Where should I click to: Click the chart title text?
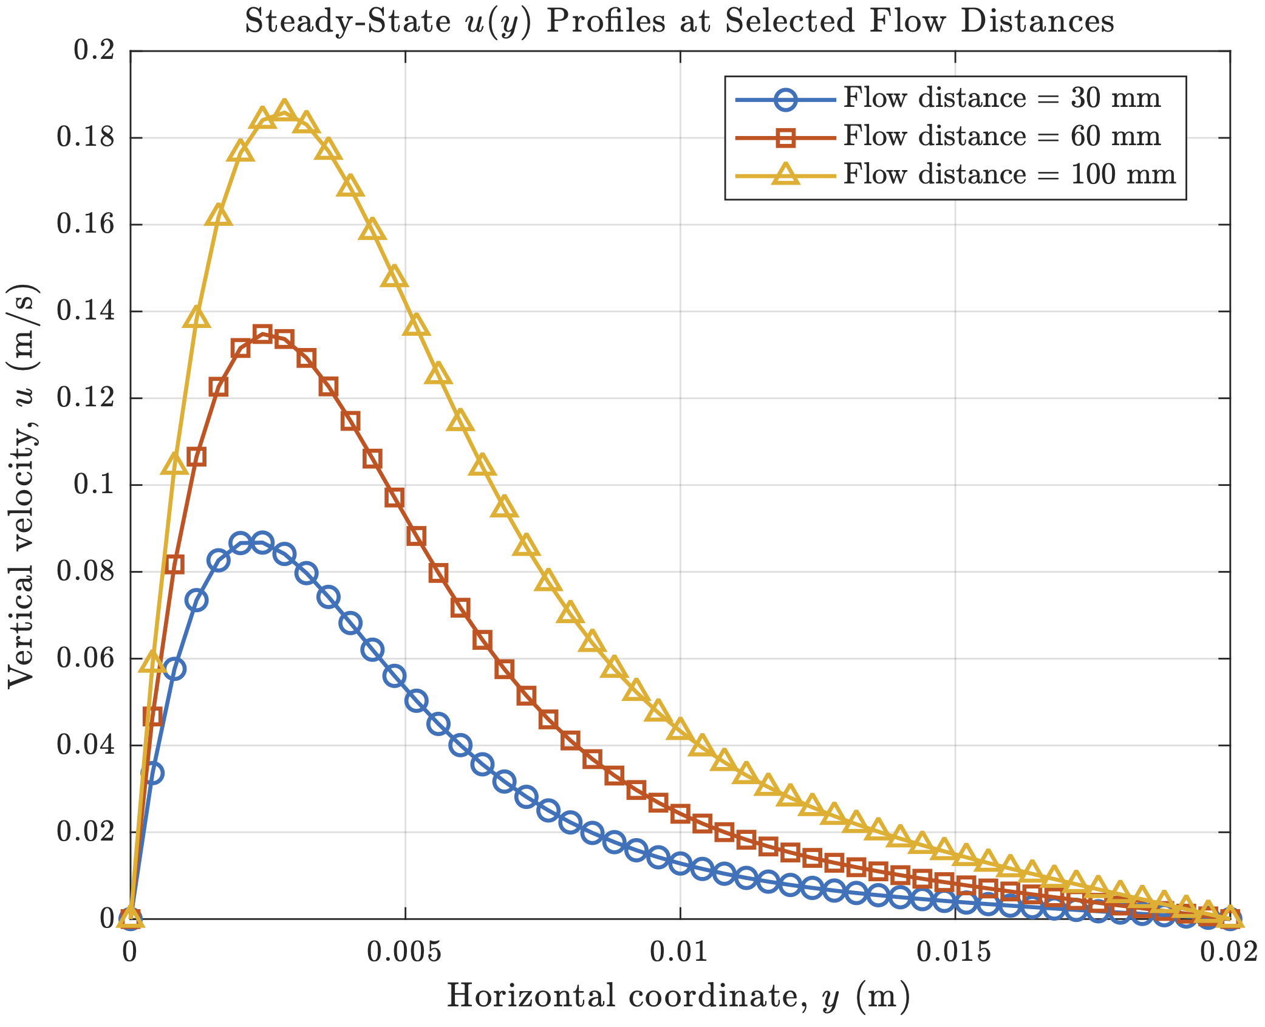tap(679, 21)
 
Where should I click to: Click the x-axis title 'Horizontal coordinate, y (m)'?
tap(679, 997)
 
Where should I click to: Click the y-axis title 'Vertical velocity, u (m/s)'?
tap(23, 486)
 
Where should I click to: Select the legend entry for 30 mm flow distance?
tap(1001, 98)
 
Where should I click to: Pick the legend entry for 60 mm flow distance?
tap(1001, 137)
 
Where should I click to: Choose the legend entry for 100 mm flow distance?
tap(1009, 175)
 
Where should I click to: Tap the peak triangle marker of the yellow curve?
tap(284, 111)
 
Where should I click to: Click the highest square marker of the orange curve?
tap(262, 334)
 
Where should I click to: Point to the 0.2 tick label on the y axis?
tap(94, 50)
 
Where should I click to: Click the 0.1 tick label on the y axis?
tap(94, 485)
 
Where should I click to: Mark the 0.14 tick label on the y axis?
tap(86, 311)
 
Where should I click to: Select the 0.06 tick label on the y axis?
tap(86, 658)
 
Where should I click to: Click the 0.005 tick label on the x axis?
tap(404, 952)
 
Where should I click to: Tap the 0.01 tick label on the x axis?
tap(680, 952)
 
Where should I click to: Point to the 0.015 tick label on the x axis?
tap(954, 952)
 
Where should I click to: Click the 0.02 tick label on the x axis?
tap(1229, 952)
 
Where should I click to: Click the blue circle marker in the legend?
tap(786, 99)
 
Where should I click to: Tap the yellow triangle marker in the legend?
tap(786, 174)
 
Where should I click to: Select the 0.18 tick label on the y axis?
tap(86, 138)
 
